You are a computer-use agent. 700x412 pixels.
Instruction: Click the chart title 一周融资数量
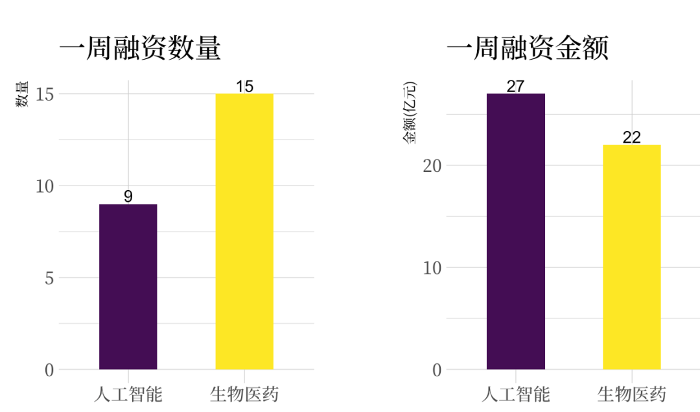(140, 49)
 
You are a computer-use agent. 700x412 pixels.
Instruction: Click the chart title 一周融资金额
(528, 49)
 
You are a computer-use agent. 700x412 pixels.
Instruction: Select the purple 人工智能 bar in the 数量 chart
(128, 287)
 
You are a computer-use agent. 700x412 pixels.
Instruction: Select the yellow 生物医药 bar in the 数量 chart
(244, 232)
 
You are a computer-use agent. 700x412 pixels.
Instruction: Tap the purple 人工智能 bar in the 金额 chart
(515, 232)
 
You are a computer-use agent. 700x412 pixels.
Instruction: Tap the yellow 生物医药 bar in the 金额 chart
(631, 257)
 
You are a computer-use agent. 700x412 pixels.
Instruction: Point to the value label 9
(128, 197)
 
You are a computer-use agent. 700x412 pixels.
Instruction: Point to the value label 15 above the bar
(244, 86)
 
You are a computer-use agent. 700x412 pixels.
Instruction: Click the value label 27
(515, 86)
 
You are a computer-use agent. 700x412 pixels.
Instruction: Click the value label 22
(631, 138)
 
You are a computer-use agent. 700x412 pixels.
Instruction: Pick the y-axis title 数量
(22, 94)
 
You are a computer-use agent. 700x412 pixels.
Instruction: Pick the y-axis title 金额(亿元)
(410, 114)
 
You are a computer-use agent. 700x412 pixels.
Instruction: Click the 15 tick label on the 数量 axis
(45, 94)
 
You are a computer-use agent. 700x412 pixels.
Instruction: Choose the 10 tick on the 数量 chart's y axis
(45, 186)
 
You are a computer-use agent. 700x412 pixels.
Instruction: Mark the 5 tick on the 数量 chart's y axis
(49, 278)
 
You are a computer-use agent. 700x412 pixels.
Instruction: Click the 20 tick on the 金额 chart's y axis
(432, 165)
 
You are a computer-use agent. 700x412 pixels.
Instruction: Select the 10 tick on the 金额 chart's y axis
(432, 267)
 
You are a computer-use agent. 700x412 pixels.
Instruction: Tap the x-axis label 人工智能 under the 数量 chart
(128, 393)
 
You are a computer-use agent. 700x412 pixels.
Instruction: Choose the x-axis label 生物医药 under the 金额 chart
(631, 393)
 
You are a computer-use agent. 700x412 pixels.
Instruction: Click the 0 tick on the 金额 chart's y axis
(437, 370)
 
